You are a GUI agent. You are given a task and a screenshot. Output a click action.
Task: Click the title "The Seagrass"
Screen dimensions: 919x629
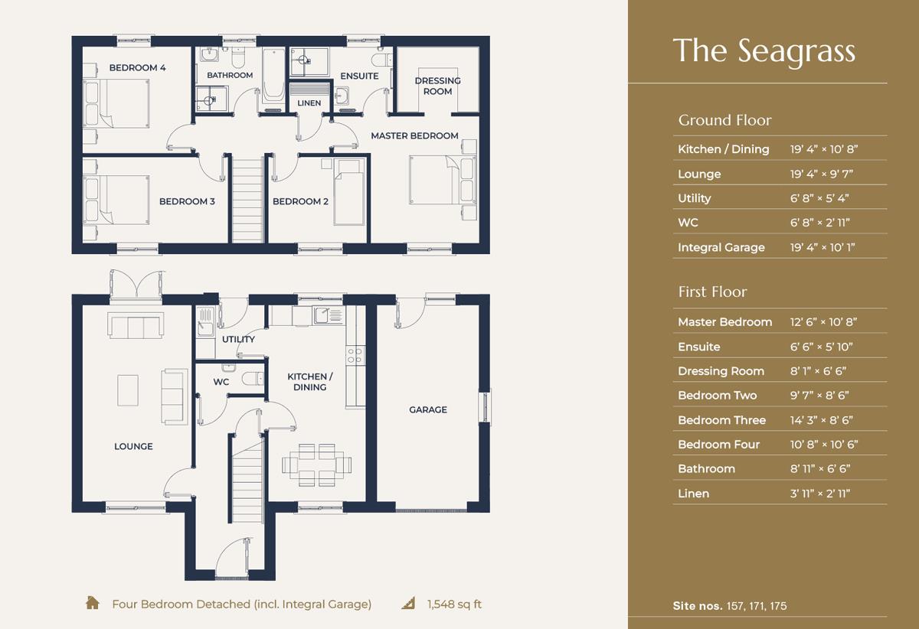pos(764,52)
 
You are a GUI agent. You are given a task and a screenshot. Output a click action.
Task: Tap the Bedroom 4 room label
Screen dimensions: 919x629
pos(137,67)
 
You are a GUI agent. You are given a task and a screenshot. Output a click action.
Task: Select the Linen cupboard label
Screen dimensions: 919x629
pos(309,103)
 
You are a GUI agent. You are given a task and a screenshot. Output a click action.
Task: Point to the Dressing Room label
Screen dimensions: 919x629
pos(438,86)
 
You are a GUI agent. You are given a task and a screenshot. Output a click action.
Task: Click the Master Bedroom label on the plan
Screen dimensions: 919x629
pos(414,135)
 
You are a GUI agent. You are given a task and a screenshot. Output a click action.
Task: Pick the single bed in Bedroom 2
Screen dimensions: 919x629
pos(348,192)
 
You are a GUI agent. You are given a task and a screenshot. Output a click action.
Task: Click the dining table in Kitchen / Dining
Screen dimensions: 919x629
pos(316,465)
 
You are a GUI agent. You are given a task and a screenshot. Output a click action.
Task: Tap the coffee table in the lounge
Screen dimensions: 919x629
pos(128,390)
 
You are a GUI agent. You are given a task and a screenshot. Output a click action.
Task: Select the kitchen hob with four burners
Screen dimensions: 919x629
pos(355,356)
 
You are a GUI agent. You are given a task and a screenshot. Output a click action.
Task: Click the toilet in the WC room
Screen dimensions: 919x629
pos(252,378)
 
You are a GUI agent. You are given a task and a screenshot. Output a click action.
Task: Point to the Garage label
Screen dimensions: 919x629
pos(428,409)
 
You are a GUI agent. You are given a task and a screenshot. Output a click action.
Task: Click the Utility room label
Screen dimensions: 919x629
pos(238,340)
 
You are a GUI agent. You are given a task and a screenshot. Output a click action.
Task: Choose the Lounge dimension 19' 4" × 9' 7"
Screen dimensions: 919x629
pos(821,174)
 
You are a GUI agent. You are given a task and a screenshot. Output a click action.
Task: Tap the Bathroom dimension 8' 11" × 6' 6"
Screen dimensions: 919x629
pos(820,468)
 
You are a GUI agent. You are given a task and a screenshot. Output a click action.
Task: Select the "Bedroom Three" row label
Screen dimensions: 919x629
pos(721,420)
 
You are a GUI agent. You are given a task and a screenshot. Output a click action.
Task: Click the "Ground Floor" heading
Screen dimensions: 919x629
pos(725,120)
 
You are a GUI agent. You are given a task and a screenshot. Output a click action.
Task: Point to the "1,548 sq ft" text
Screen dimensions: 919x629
pos(454,604)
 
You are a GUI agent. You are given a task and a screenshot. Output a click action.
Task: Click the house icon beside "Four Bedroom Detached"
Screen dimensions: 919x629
pos(93,603)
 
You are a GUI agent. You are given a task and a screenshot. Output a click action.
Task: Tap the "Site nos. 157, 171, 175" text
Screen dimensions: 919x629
pos(730,605)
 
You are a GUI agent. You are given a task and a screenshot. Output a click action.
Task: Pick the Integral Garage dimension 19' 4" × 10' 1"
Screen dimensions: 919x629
pos(823,247)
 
